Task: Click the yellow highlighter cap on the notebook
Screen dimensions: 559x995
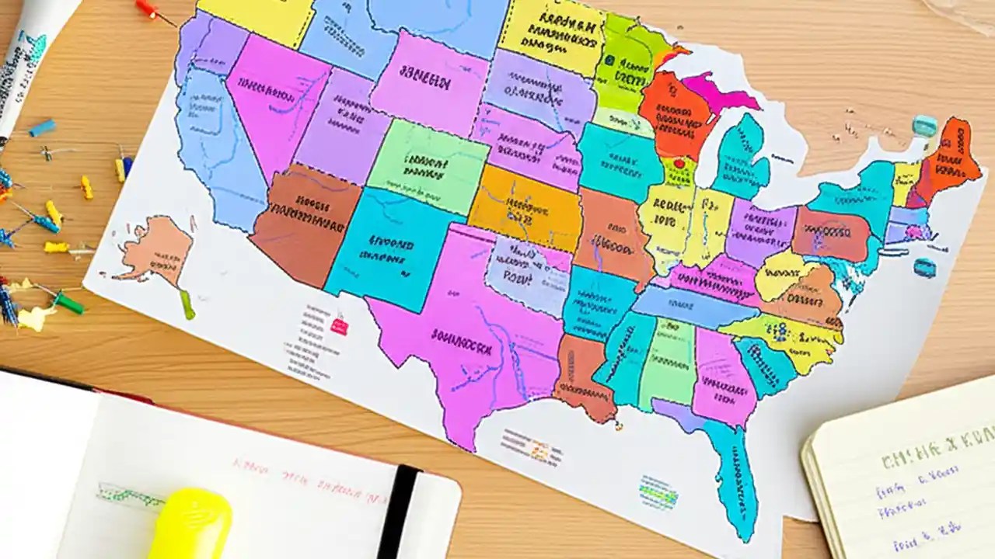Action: (190, 523)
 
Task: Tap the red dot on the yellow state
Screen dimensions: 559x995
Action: (679, 164)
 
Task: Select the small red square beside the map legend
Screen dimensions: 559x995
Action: (340, 326)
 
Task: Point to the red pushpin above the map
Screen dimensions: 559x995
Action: (147, 9)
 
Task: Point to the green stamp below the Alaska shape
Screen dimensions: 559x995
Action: (187, 304)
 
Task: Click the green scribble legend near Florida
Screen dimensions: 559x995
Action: (658, 491)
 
